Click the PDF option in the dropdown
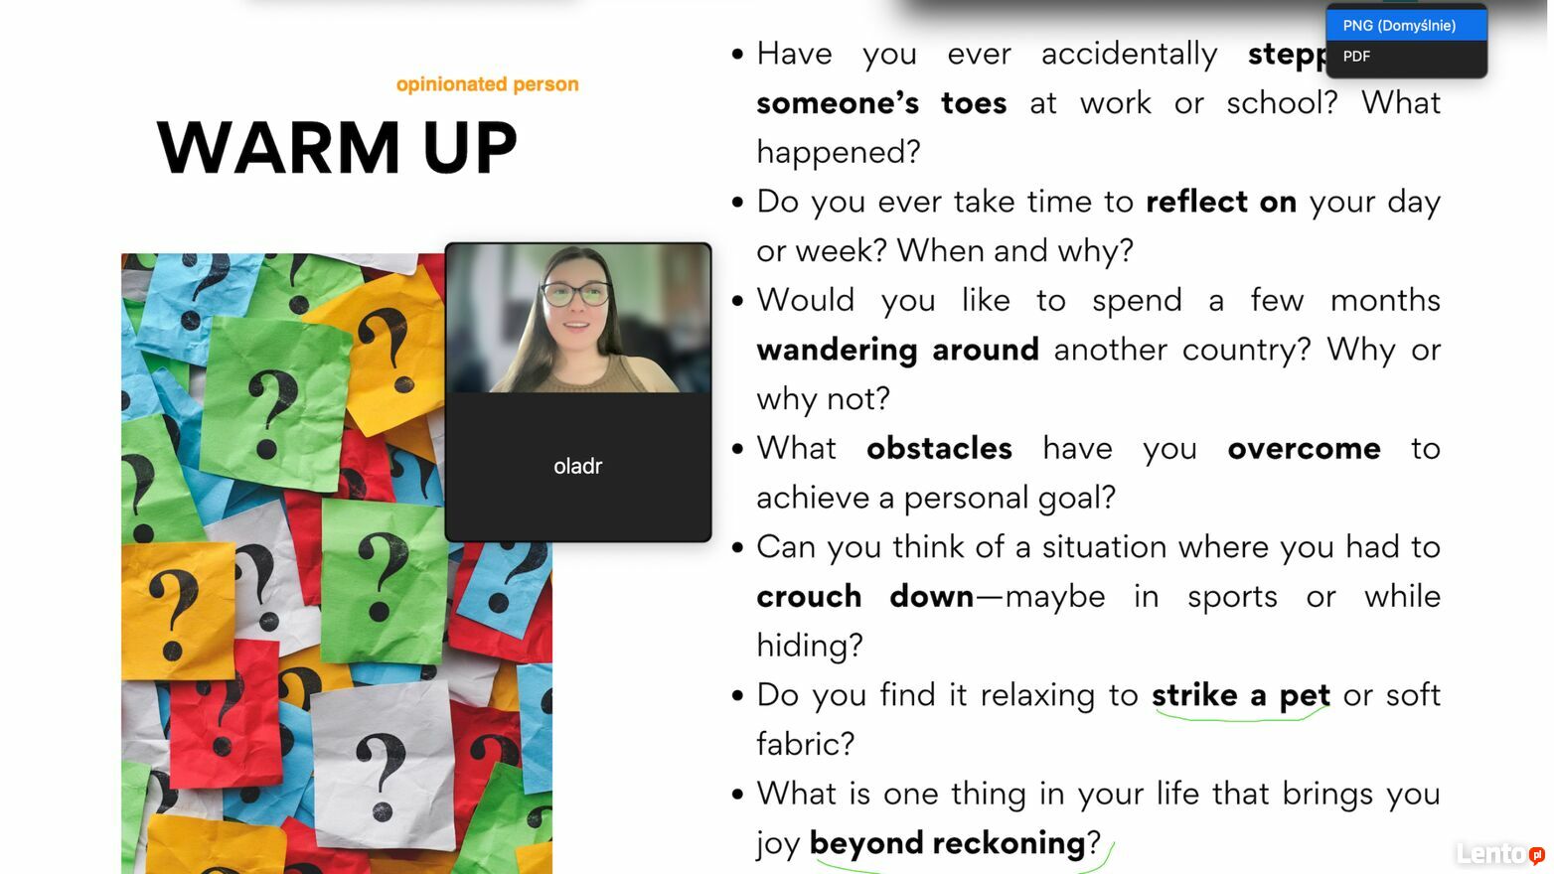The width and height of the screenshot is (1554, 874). click(1356, 57)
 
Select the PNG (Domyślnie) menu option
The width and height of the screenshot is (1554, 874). click(1399, 26)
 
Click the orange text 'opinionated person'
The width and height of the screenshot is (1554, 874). click(487, 84)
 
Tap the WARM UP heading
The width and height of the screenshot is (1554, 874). click(337, 147)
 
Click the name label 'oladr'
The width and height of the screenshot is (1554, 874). click(578, 466)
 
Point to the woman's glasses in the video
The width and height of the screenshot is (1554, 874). click(576, 294)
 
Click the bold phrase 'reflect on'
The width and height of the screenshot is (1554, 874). click(1221, 202)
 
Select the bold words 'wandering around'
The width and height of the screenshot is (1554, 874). click(897, 350)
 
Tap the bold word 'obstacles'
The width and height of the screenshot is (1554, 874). click(939, 448)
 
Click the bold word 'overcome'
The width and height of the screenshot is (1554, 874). click(1305, 449)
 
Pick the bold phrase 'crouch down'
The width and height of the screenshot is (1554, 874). click(865, 597)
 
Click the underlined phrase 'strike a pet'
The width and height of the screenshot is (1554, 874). click(1241, 696)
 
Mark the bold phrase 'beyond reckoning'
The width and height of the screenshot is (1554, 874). click(948, 843)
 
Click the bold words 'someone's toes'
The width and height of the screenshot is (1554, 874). click(881, 103)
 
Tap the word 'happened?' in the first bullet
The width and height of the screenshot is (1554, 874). click(838, 153)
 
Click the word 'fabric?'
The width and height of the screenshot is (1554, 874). click(806, 744)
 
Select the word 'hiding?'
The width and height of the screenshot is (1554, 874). click(810, 646)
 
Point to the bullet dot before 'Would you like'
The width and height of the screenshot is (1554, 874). click(737, 301)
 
